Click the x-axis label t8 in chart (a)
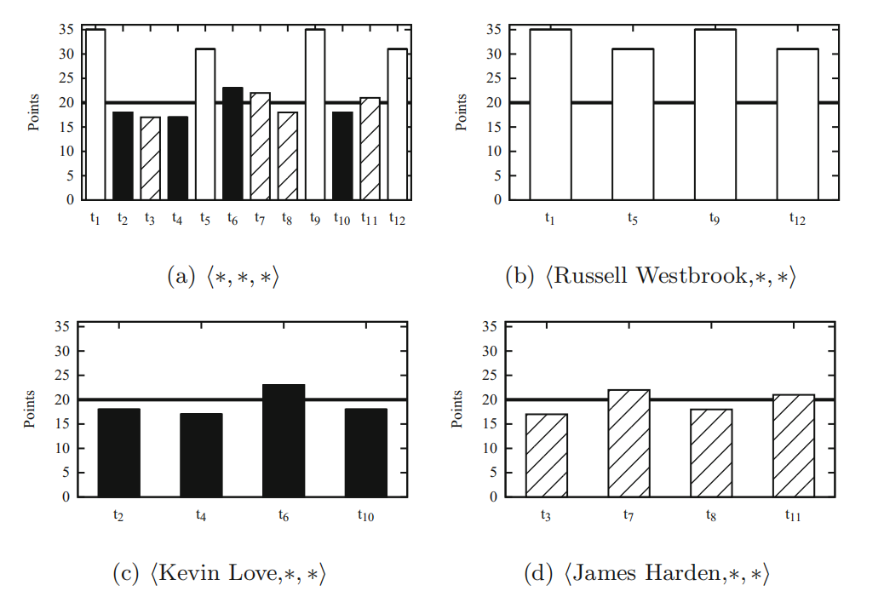288,219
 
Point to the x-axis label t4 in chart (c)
202,515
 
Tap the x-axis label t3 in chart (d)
547,515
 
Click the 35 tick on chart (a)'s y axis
67,30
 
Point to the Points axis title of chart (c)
31,410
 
